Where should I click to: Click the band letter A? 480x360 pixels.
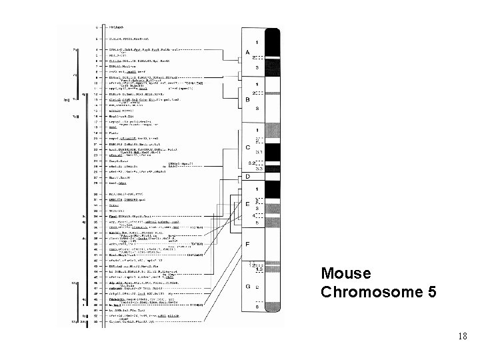click(x=248, y=52)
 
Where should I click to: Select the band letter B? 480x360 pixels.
click(x=248, y=100)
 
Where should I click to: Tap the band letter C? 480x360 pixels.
click(x=248, y=147)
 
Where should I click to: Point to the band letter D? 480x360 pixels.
click(x=248, y=177)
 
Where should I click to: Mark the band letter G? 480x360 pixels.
click(x=248, y=286)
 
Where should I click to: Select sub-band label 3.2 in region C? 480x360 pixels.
click(x=252, y=162)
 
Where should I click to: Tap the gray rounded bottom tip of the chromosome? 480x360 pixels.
click(x=273, y=324)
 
